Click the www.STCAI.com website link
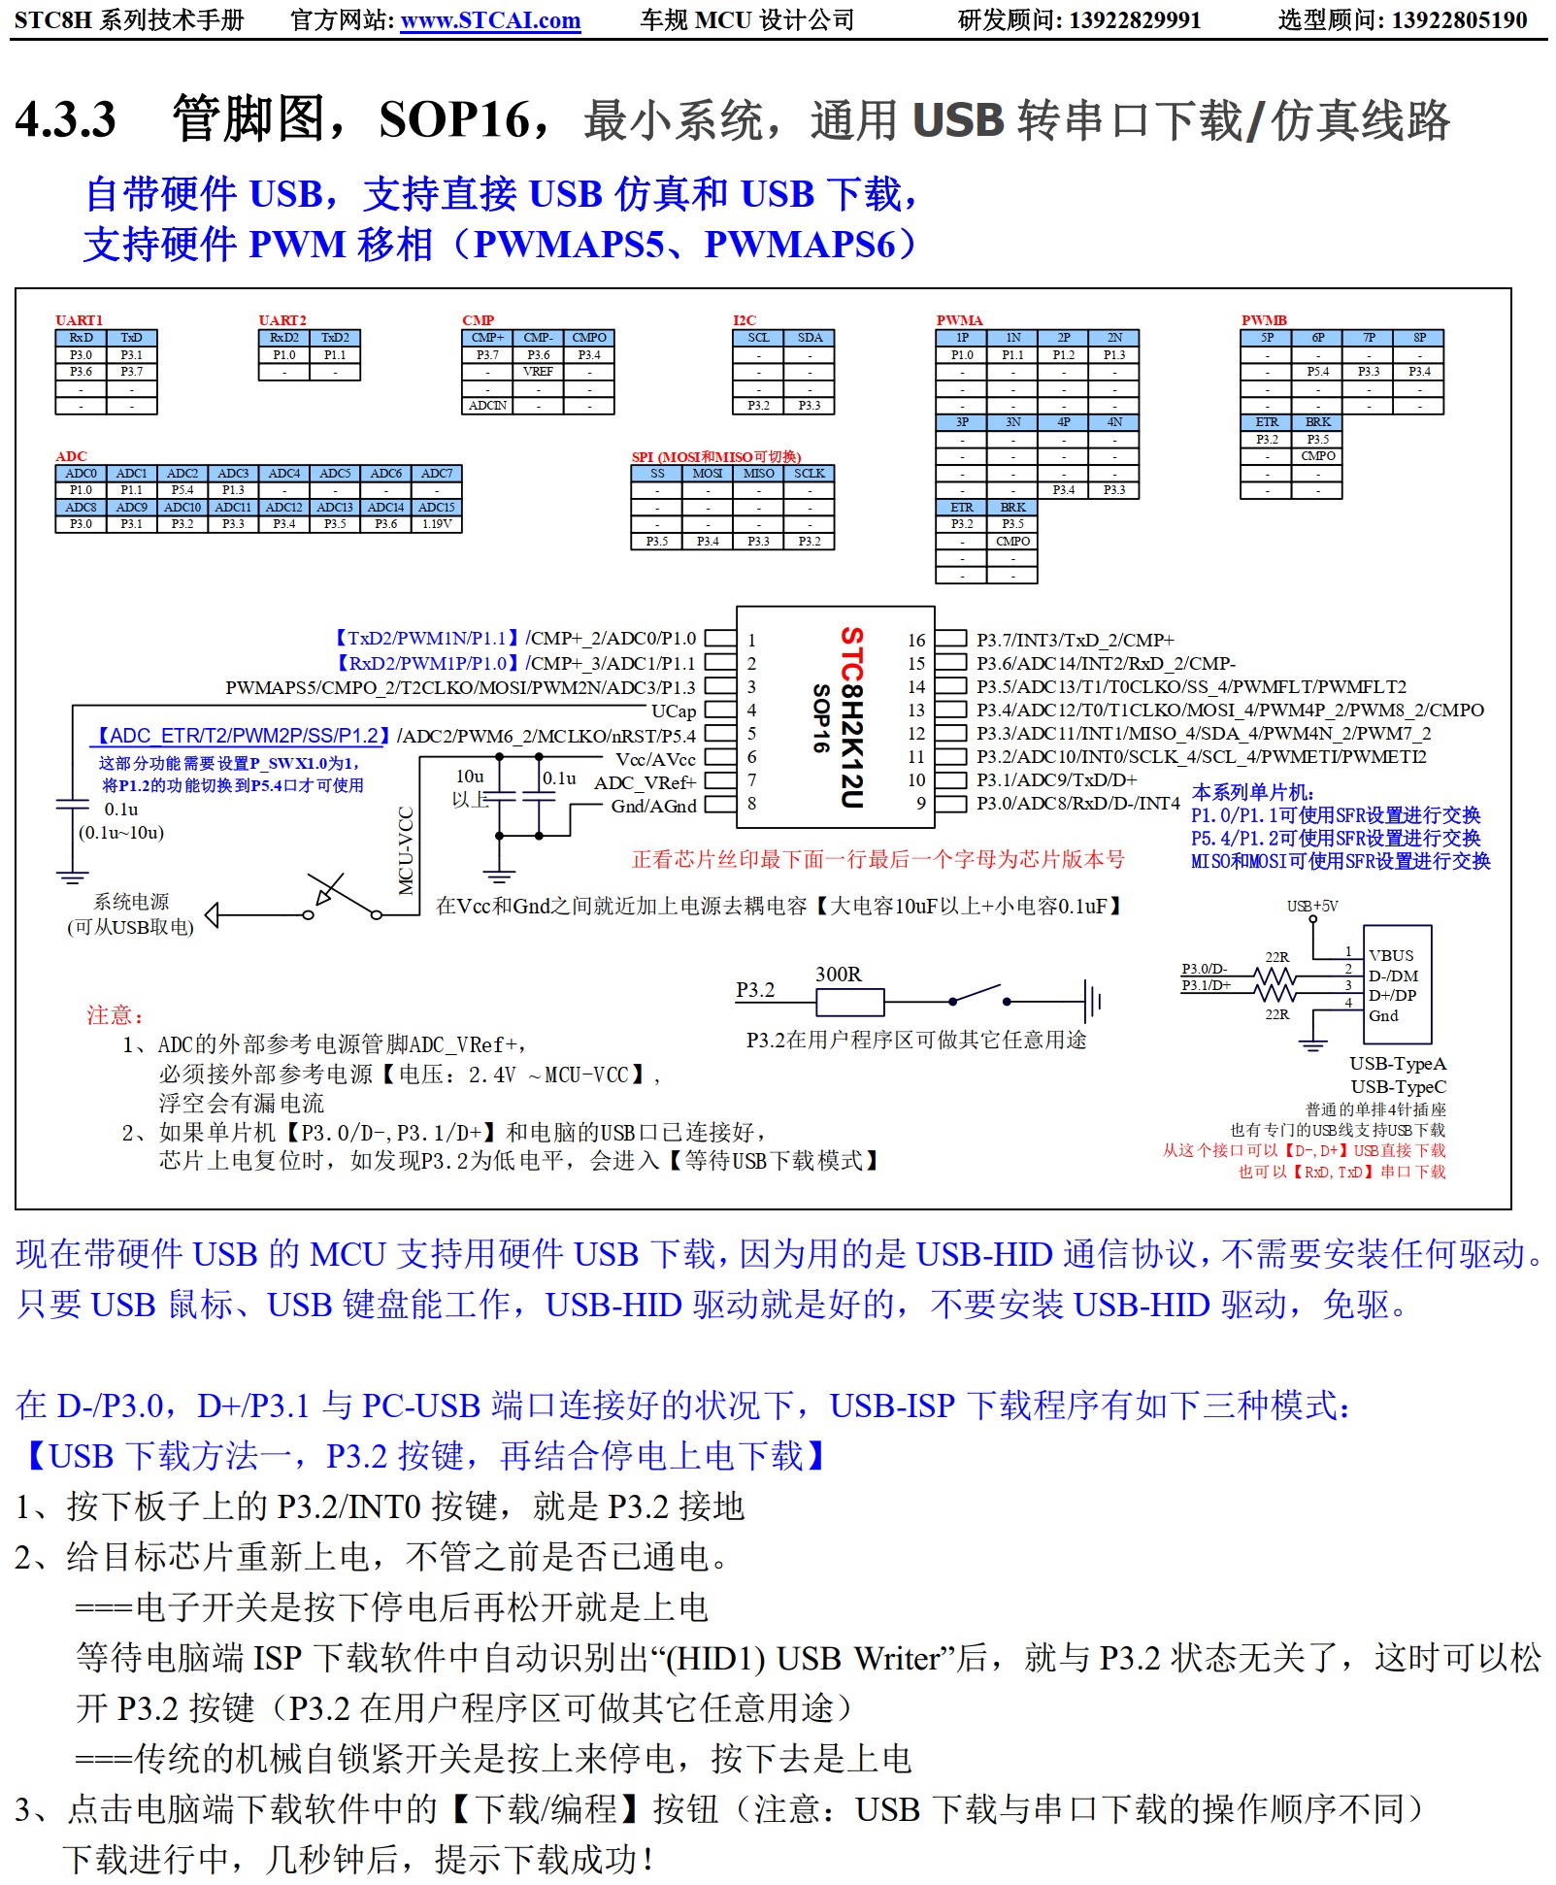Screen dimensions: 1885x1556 click(490, 20)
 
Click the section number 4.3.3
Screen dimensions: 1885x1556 click(66, 120)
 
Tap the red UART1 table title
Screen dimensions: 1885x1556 click(79, 320)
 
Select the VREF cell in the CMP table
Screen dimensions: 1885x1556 click(538, 372)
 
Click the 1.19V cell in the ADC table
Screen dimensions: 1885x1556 click(437, 524)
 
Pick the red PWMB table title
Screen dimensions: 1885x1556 click(1264, 320)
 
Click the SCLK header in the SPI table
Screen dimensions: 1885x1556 click(809, 474)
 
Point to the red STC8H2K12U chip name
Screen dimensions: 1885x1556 click(851, 717)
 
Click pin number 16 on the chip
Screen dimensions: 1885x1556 click(916, 641)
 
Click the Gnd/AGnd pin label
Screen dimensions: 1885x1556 click(653, 806)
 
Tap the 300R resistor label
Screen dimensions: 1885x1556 click(838, 974)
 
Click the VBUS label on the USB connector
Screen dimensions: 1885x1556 click(1391, 956)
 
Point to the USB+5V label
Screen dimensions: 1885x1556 click(1312, 907)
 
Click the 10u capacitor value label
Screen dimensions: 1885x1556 click(470, 777)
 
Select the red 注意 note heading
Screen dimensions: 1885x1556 click(115, 1015)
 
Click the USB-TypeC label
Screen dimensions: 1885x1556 click(1398, 1087)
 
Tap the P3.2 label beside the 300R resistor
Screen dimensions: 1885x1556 click(755, 990)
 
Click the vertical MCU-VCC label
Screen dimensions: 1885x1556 click(407, 850)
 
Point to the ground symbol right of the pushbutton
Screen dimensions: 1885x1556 click(1094, 1001)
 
